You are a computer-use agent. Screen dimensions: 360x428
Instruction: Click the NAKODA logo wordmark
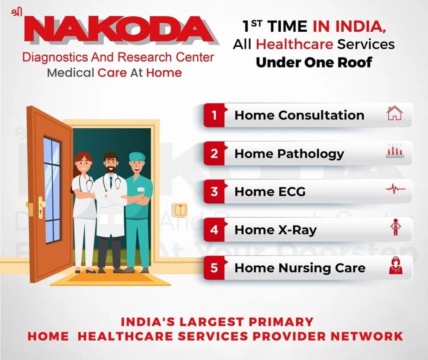coord(121,30)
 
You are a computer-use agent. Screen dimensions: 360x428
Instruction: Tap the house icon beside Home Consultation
coord(394,113)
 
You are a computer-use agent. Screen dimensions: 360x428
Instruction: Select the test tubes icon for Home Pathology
coord(394,151)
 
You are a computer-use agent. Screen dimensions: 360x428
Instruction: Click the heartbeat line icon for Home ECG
coord(395,190)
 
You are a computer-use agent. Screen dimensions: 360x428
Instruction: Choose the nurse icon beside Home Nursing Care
coord(395,266)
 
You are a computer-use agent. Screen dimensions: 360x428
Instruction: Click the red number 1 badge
coord(214,115)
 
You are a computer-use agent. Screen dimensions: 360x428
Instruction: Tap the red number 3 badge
coord(214,192)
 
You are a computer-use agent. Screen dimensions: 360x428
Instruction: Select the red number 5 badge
coord(214,268)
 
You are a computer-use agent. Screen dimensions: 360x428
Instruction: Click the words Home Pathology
coord(289,154)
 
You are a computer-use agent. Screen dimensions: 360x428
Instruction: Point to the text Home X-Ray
coord(275,230)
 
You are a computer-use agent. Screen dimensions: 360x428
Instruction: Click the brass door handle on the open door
coord(41,205)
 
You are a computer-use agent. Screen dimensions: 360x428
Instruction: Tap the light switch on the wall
coord(180,210)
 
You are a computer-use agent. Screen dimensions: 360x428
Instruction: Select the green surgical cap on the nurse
coord(137,157)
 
